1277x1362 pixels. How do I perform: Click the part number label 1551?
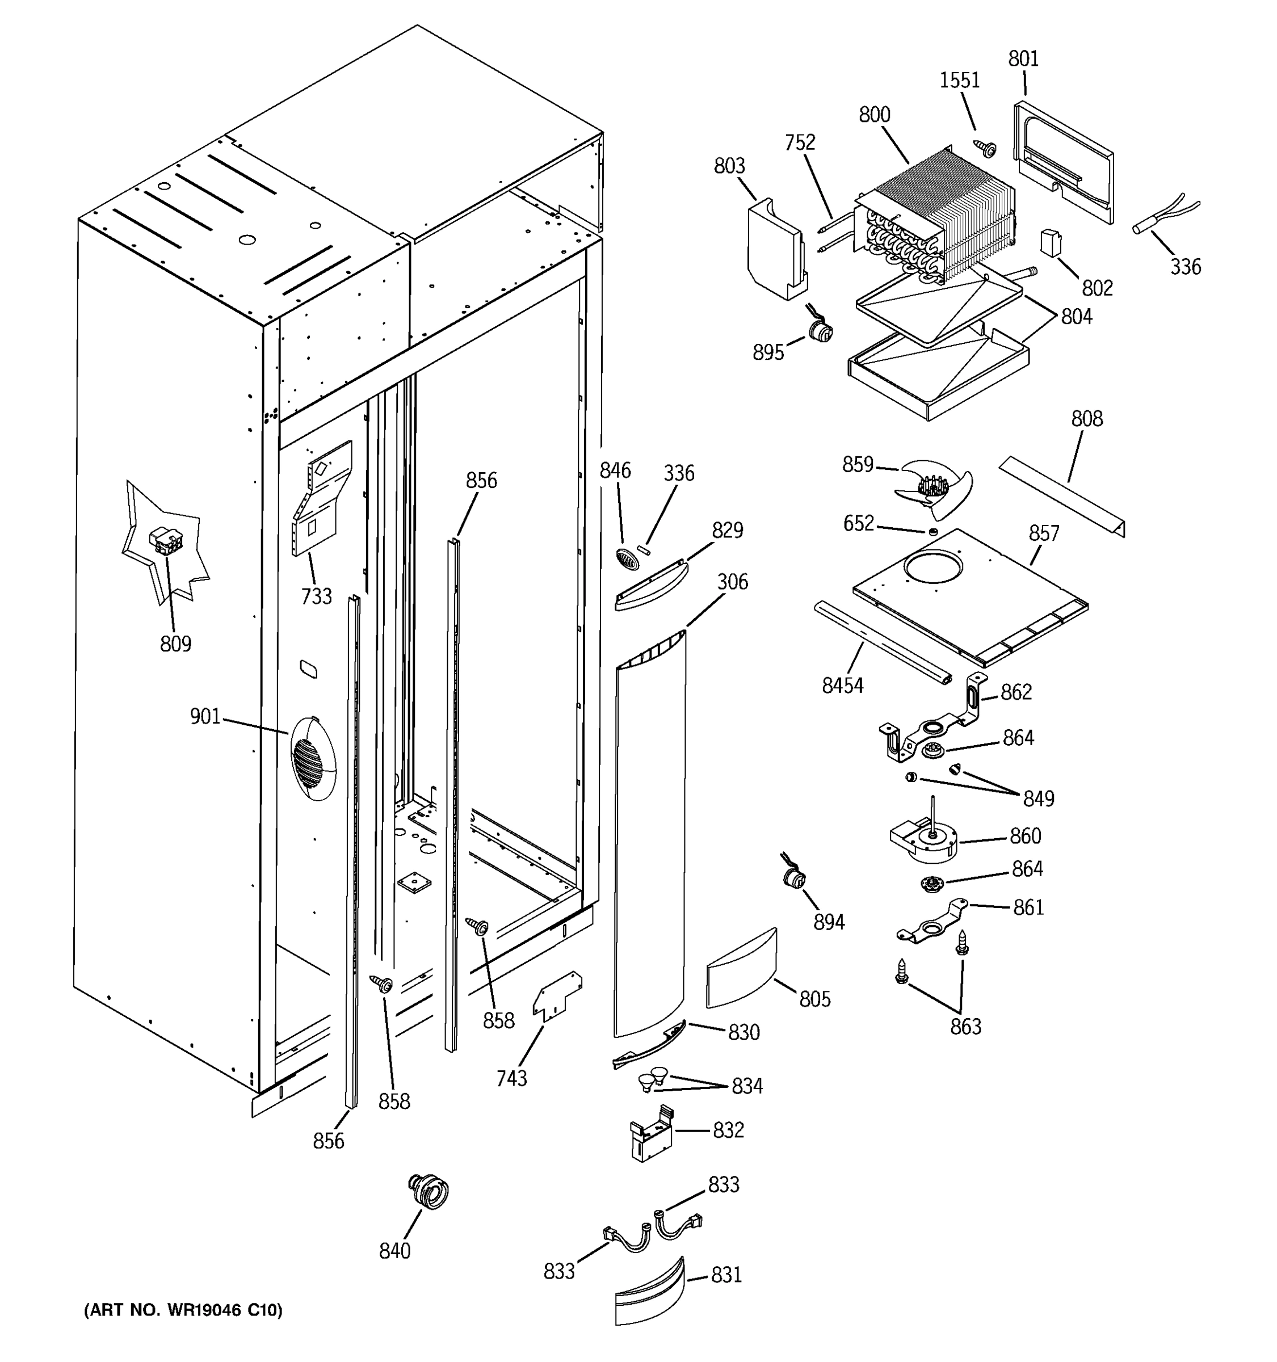[x=959, y=81]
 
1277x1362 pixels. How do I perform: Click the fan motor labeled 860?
[x=923, y=841]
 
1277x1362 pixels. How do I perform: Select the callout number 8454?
[x=842, y=685]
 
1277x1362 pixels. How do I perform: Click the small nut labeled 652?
[x=932, y=531]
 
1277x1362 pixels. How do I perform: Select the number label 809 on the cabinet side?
[x=175, y=644]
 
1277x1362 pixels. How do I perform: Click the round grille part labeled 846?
[x=628, y=558]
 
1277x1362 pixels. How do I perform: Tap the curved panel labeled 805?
[x=741, y=968]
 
